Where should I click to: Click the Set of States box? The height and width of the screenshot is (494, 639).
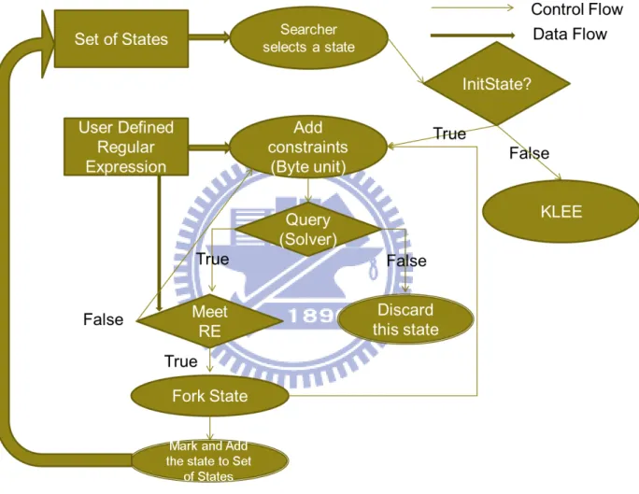point(121,39)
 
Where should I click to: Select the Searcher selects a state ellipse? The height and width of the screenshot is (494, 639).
point(309,38)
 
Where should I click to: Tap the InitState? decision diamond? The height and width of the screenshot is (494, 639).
point(497,83)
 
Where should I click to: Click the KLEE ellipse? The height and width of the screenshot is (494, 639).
point(561,212)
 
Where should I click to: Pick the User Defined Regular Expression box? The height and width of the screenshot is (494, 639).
point(126,147)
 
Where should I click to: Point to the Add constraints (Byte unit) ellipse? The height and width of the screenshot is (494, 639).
point(308,147)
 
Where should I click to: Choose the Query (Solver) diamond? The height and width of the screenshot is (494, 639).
point(308,230)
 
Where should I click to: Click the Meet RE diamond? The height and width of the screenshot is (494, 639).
point(210,321)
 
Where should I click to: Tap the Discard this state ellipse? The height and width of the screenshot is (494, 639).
point(405,319)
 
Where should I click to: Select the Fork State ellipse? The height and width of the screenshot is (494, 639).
point(210,396)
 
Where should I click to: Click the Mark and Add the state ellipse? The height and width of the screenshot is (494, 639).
point(209,461)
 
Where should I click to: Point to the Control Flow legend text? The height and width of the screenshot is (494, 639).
point(576,9)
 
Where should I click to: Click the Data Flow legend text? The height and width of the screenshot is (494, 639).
point(570,35)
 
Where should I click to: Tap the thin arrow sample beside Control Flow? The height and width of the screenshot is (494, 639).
point(473,7)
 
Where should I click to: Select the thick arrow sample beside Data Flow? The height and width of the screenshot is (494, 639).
point(473,35)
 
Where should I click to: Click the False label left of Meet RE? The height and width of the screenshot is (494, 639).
point(103,319)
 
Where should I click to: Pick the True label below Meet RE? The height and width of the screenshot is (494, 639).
point(181,361)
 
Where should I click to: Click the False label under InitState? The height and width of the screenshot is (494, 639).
point(529,153)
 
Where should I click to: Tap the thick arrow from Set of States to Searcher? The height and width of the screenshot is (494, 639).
point(209,37)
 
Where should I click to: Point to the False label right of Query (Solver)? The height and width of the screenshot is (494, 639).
point(406,261)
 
